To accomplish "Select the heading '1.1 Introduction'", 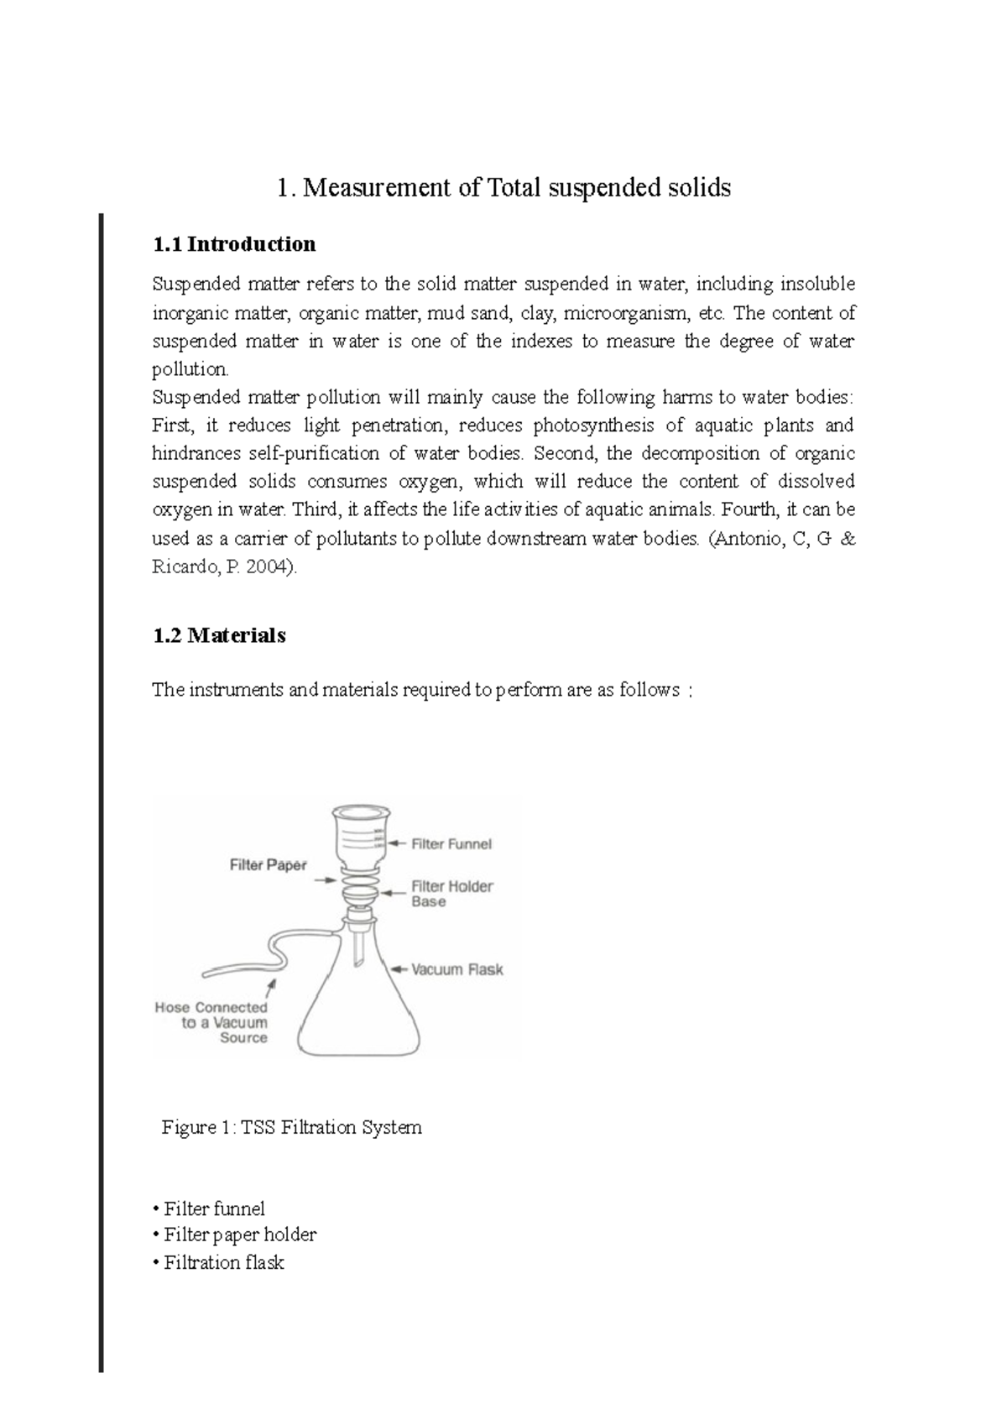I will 234,244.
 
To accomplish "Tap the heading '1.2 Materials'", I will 219,635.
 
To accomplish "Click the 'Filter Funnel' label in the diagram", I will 451,843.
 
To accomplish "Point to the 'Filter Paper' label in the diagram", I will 269,864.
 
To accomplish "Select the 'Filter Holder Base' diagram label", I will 451,894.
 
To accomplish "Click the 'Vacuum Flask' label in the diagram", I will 457,969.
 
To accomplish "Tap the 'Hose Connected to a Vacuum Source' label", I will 212,1022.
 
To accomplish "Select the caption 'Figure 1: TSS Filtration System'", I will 292,1127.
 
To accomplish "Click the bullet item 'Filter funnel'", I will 214,1208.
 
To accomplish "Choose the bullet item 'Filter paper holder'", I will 239,1234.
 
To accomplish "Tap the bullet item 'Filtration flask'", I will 223,1262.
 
